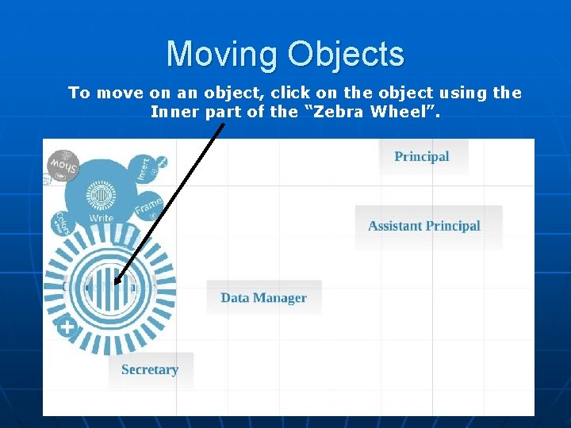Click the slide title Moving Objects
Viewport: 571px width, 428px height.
coord(285,55)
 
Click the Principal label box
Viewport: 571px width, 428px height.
coord(422,157)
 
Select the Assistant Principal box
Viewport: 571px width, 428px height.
coord(424,226)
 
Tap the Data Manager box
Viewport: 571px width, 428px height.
coord(264,298)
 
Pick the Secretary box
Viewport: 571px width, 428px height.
coord(150,369)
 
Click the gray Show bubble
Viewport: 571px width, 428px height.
coord(63,166)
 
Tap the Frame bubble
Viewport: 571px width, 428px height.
coord(149,208)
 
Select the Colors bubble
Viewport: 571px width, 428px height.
coord(60,224)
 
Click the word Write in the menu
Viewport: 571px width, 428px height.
coord(102,218)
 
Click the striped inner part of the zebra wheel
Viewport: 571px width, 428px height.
coord(110,286)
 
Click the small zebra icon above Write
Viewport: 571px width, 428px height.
coord(101,195)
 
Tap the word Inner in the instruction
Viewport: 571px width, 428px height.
coord(175,112)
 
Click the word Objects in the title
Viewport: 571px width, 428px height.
coord(346,55)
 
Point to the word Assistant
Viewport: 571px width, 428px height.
coord(395,226)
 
